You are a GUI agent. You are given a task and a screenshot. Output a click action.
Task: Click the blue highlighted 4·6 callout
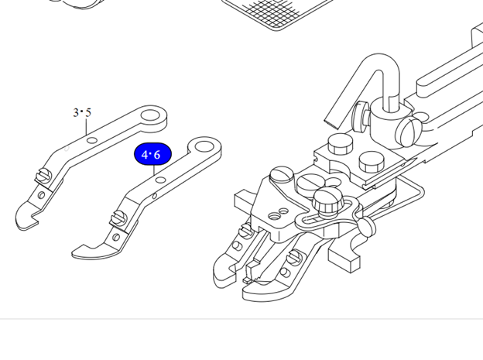152,154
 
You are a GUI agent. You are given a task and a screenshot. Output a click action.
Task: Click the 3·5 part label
82,112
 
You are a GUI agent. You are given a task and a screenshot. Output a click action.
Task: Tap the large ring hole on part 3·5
150,116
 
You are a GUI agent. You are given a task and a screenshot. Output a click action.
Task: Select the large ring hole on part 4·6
204,146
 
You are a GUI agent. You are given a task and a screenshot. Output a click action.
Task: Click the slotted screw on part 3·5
44,177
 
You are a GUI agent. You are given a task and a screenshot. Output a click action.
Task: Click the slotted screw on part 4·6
118,218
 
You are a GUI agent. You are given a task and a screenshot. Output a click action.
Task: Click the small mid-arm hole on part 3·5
92,141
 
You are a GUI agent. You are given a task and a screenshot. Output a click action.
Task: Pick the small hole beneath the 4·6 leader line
161,180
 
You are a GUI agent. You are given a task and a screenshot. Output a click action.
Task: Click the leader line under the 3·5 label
87,126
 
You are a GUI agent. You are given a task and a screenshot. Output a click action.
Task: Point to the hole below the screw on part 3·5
41,195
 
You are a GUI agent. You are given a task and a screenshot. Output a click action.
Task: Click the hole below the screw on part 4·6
116,237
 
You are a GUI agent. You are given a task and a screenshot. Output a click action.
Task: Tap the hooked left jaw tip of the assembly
224,271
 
